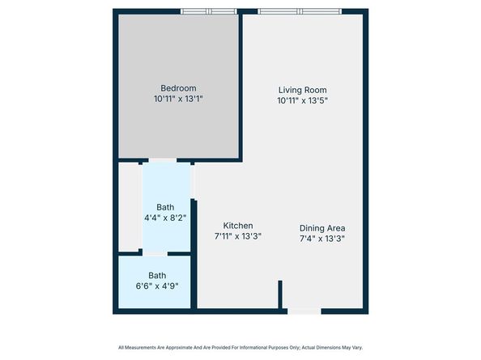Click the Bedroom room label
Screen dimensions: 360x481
[x=178, y=88]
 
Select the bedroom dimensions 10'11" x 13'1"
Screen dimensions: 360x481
[x=178, y=100]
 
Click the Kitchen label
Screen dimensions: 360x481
[x=238, y=226]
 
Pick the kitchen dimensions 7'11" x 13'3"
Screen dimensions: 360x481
[x=238, y=237]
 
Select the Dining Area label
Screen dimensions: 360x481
[x=323, y=227]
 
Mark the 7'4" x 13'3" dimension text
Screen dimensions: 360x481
[x=323, y=239]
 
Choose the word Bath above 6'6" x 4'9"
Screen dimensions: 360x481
[x=156, y=275]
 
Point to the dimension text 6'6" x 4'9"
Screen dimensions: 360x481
[x=156, y=286]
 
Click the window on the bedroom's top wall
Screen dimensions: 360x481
[x=208, y=11]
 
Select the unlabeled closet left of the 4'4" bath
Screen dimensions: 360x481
[x=130, y=206]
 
